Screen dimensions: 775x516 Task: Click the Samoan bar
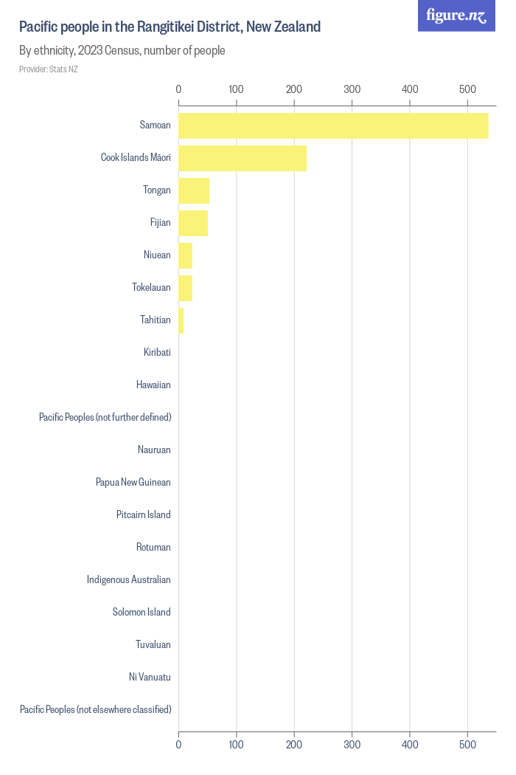[x=333, y=125]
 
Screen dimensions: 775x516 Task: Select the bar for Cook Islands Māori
[x=243, y=158]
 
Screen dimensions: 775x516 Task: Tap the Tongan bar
[x=194, y=190]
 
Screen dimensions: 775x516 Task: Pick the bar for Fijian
[x=193, y=223]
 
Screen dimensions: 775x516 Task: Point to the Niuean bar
[x=185, y=255]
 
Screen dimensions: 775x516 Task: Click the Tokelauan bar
[x=185, y=288]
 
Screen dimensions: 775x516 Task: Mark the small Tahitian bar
[x=181, y=320]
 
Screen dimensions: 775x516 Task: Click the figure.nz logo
[x=456, y=15]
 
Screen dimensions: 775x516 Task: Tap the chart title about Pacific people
[x=170, y=27]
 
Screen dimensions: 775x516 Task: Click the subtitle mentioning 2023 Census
[x=122, y=51]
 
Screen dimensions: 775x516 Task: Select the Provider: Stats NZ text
[x=48, y=69]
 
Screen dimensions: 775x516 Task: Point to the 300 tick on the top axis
[x=352, y=89]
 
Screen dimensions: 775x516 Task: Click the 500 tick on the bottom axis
[x=467, y=745]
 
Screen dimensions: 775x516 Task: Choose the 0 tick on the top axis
[x=178, y=89]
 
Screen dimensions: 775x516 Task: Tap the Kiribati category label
[x=157, y=353]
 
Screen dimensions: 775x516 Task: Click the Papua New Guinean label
[x=133, y=483]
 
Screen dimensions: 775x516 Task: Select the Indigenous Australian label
[x=128, y=580]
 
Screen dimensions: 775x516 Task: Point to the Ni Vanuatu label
[x=150, y=678]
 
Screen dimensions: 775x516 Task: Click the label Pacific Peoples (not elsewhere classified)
[x=95, y=710]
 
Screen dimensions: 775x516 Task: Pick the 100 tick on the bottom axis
[x=237, y=745]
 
